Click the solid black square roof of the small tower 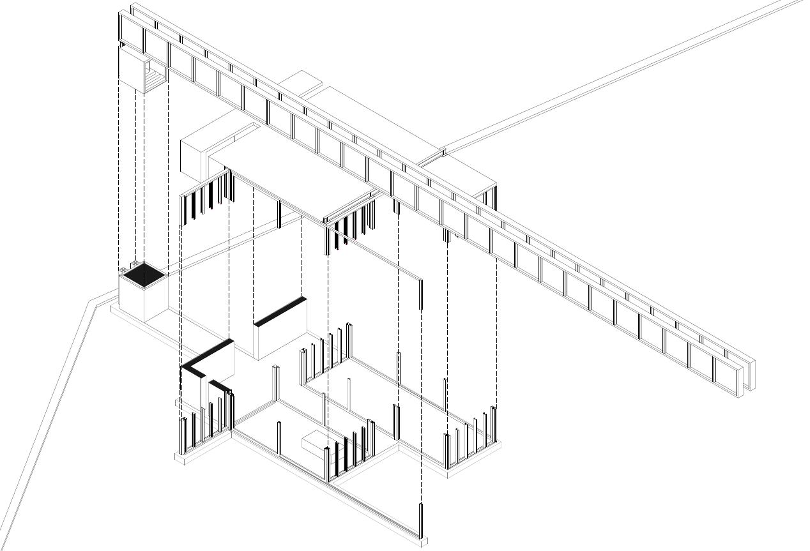(144, 275)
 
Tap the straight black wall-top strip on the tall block (279, 311)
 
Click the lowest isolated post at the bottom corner (421, 520)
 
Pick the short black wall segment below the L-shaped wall (220, 386)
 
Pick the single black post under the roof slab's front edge (279, 214)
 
